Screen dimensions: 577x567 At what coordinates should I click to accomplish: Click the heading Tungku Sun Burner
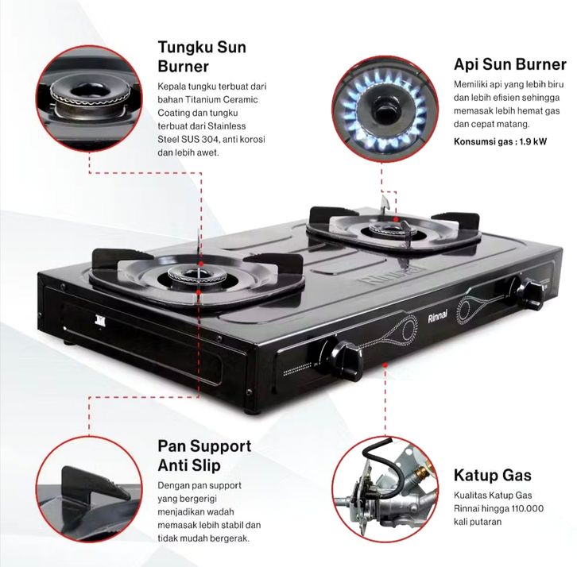(x=202, y=57)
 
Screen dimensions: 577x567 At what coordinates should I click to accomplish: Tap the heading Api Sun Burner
(x=510, y=64)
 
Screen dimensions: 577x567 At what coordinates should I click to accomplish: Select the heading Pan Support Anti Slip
(x=204, y=456)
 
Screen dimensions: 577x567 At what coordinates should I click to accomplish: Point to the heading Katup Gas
(x=493, y=475)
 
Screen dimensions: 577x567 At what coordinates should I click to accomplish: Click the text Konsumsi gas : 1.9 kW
(x=500, y=141)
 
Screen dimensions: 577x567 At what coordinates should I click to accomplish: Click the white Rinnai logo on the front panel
(x=438, y=316)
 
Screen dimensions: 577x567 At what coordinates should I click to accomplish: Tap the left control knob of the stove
(x=342, y=359)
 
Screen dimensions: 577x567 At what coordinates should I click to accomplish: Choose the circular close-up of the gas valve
(x=385, y=488)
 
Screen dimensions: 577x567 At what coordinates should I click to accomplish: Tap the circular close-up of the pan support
(x=89, y=488)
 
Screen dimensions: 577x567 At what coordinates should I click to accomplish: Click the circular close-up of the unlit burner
(x=89, y=98)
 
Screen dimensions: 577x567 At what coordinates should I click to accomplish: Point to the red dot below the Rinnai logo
(x=385, y=364)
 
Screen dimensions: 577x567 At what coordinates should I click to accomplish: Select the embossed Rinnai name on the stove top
(x=391, y=276)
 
